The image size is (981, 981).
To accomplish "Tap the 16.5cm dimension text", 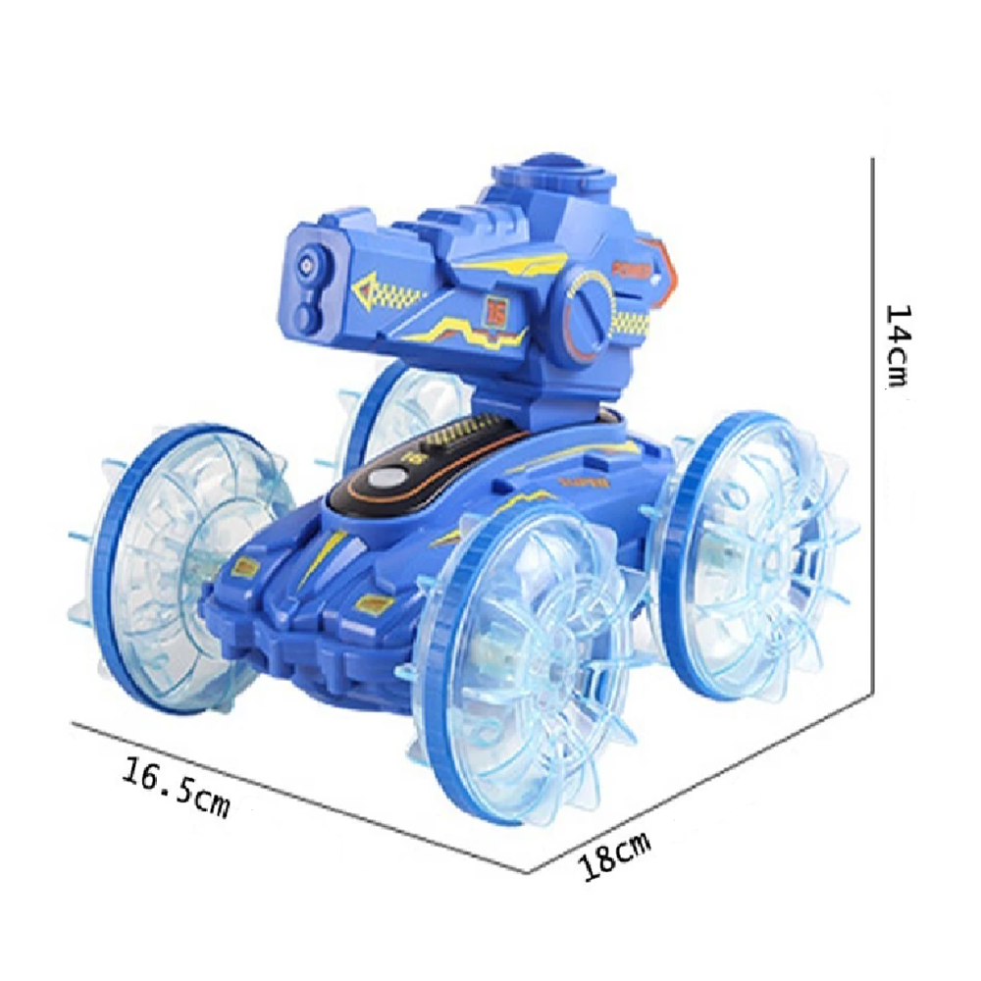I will click(176, 785).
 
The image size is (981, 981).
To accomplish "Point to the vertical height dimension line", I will click(871, 422).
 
